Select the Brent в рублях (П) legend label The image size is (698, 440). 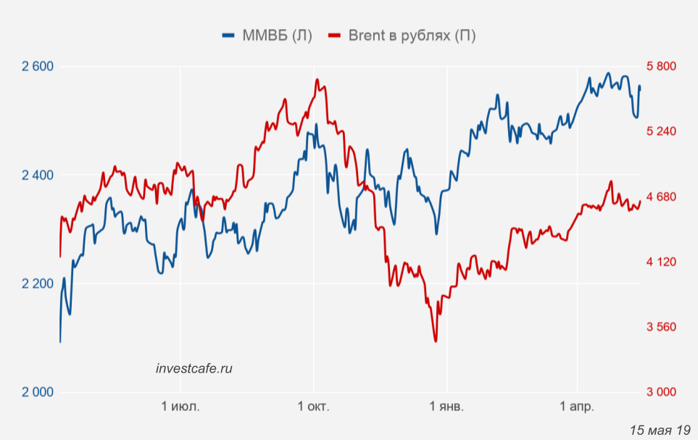click(x=412, y=36)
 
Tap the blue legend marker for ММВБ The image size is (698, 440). click(x=230, y=36)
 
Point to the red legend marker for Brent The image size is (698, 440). click(x=335, y=36)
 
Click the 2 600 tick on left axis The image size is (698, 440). click(x=38, y=67)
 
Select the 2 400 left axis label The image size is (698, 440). click(x=38, y=175)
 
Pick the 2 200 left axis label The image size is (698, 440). click(x=38, y=283)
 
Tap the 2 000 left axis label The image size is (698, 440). click(x=38, y=392)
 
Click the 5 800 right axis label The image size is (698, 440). click(x=660, y=67)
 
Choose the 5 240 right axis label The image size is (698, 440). click(x=660, y=131)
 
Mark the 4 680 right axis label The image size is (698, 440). click(x=660, y=196)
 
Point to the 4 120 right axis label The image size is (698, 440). click(x=660, y=262)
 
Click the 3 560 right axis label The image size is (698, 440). click(x=660, y=327)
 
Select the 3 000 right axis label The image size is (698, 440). click(x=660, y=392)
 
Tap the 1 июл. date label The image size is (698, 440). click(x=180, y=407)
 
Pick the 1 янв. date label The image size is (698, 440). click(x=447, y=407)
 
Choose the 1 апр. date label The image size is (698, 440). click(x=577, y=407)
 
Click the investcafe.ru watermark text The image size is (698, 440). click(x=194, y=368)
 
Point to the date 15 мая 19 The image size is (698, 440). click(x=660, y=429)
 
